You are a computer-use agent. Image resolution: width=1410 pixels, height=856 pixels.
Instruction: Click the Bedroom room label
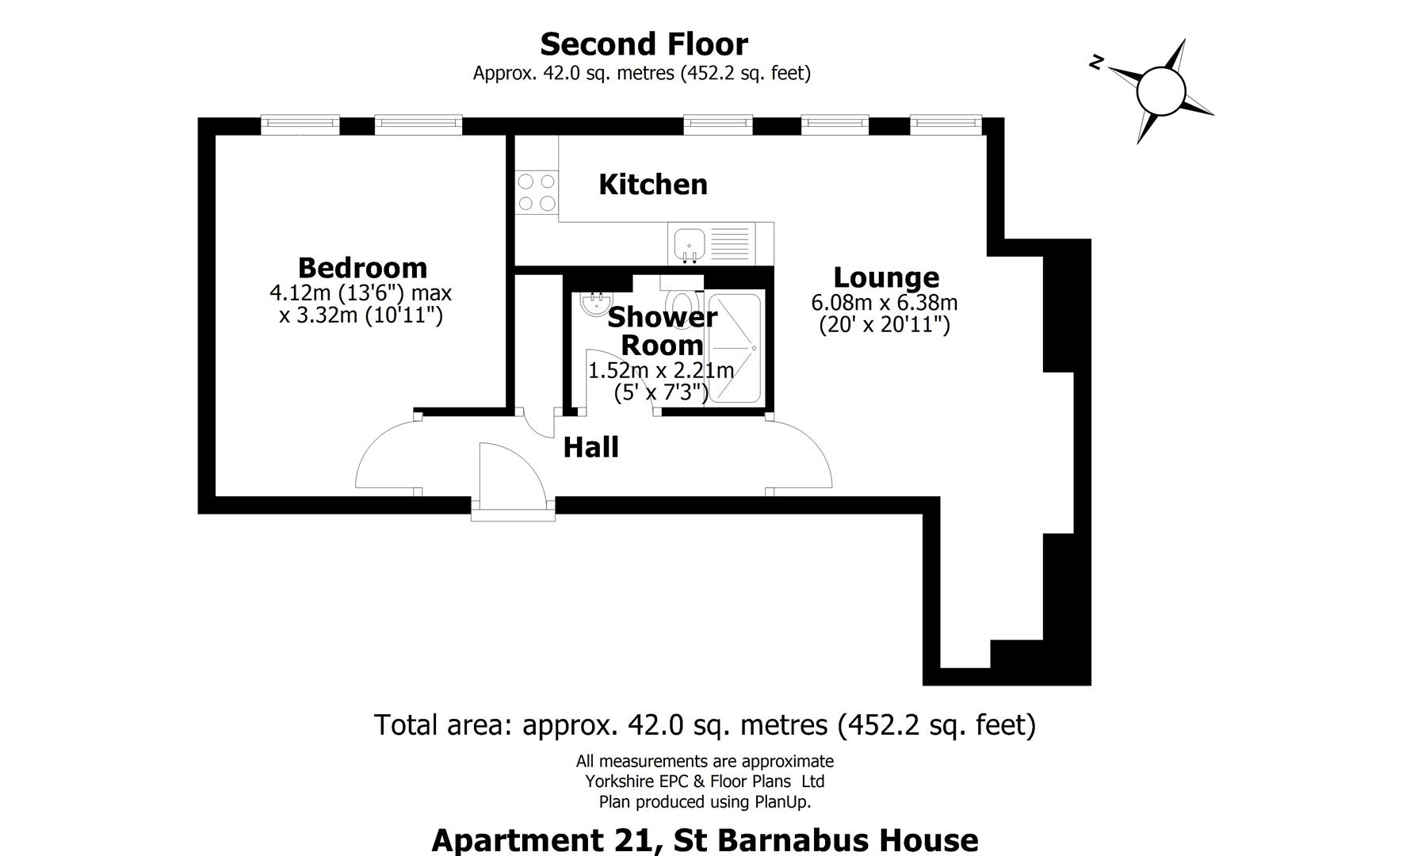click(362, 267)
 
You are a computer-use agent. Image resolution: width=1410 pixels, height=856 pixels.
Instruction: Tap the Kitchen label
click(653, 185)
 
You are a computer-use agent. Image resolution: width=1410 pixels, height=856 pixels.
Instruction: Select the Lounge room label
click(886, 277)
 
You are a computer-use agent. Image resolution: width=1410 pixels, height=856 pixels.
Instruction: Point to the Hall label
click(590, 448)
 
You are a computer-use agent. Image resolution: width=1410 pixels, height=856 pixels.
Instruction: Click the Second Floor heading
click(644, 44)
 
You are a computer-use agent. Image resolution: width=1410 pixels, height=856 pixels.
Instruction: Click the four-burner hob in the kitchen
click(537, 193)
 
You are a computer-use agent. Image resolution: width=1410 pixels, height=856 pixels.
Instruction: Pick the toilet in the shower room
click(682, 302)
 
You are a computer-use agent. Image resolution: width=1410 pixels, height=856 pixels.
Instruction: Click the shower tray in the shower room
click(735, 348)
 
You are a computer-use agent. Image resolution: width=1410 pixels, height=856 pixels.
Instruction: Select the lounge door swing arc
click(801, 453)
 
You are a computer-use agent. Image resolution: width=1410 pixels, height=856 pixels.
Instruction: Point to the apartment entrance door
click(511, 476)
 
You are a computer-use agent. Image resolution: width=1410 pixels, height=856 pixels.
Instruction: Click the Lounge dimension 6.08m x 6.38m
click(884, 303)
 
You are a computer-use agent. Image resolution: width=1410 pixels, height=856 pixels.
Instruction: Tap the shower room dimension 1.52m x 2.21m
click(660, 370)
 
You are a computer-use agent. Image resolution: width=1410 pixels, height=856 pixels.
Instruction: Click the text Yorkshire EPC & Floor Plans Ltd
click(705, 781)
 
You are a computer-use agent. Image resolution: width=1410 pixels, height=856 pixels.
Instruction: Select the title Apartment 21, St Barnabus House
click(705, 839)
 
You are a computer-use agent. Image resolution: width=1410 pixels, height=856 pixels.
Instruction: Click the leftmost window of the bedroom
click(300, 124)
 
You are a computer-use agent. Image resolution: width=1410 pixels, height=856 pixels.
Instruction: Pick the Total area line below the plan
click(705, 724)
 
